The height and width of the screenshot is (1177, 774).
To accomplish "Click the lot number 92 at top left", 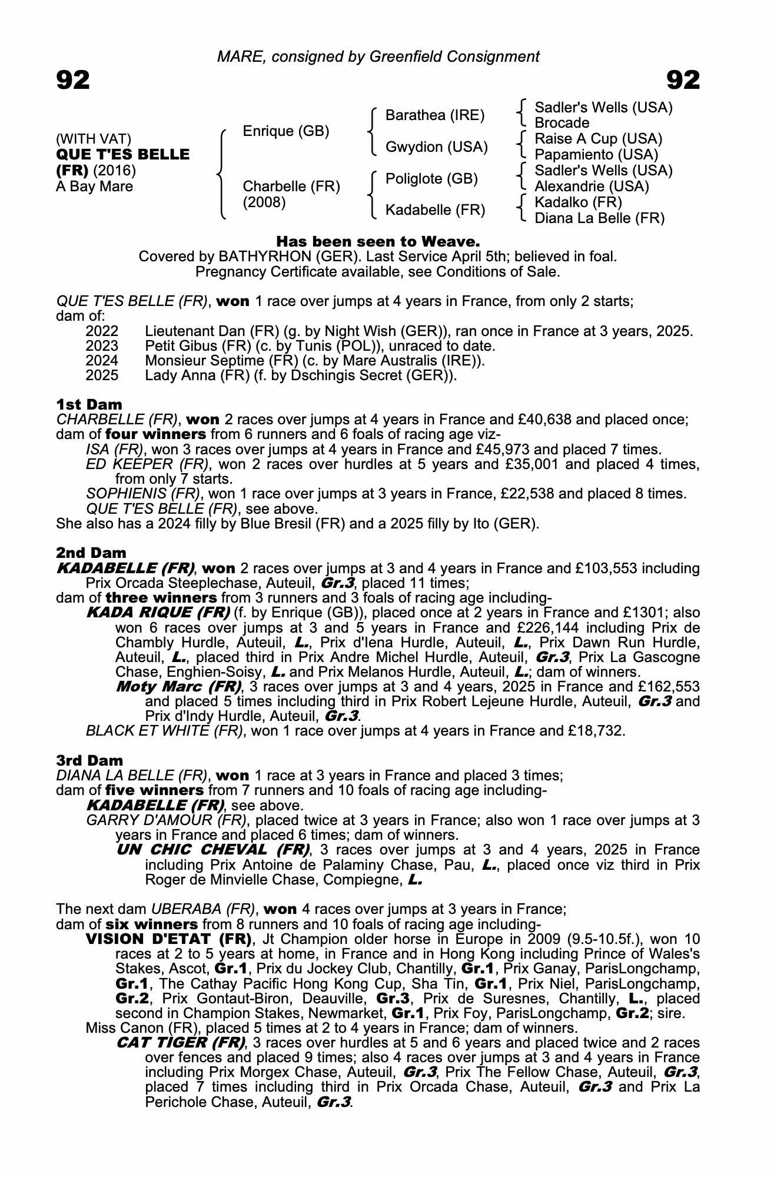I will click(x=73, y=80).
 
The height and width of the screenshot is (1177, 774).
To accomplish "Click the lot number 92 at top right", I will click(x=683, y=80).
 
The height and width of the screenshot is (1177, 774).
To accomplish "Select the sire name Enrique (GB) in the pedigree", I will click(x=285, y=131).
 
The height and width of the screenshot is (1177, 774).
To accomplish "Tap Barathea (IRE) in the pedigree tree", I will click(x=434, y=115).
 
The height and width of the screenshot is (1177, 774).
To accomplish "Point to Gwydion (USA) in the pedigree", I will click(x=436, y=147).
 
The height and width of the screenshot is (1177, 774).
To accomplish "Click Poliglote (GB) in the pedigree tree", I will click(x=431, y=179).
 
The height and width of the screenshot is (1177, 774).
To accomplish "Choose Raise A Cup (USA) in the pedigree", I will click(x=598, y=139).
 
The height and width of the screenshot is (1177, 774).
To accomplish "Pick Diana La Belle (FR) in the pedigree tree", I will click(x=599, y=218).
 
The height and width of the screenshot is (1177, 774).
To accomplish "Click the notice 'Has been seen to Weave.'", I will click(x=378, y=241).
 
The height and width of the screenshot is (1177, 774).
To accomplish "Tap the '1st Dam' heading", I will click(x=89, y=404).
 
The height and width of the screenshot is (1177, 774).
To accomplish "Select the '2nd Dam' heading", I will click(x=91, y=553).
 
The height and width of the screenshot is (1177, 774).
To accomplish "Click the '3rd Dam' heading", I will click(x=89, y=760).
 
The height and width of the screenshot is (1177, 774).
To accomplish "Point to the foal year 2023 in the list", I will click(x=101, y=346).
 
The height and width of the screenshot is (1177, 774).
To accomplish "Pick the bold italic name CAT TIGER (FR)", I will click(x=181, y=1043).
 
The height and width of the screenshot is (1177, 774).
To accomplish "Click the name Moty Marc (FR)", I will click(x=178, y=686).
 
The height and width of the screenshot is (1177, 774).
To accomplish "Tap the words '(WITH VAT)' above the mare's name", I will click(x=93, y=139).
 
